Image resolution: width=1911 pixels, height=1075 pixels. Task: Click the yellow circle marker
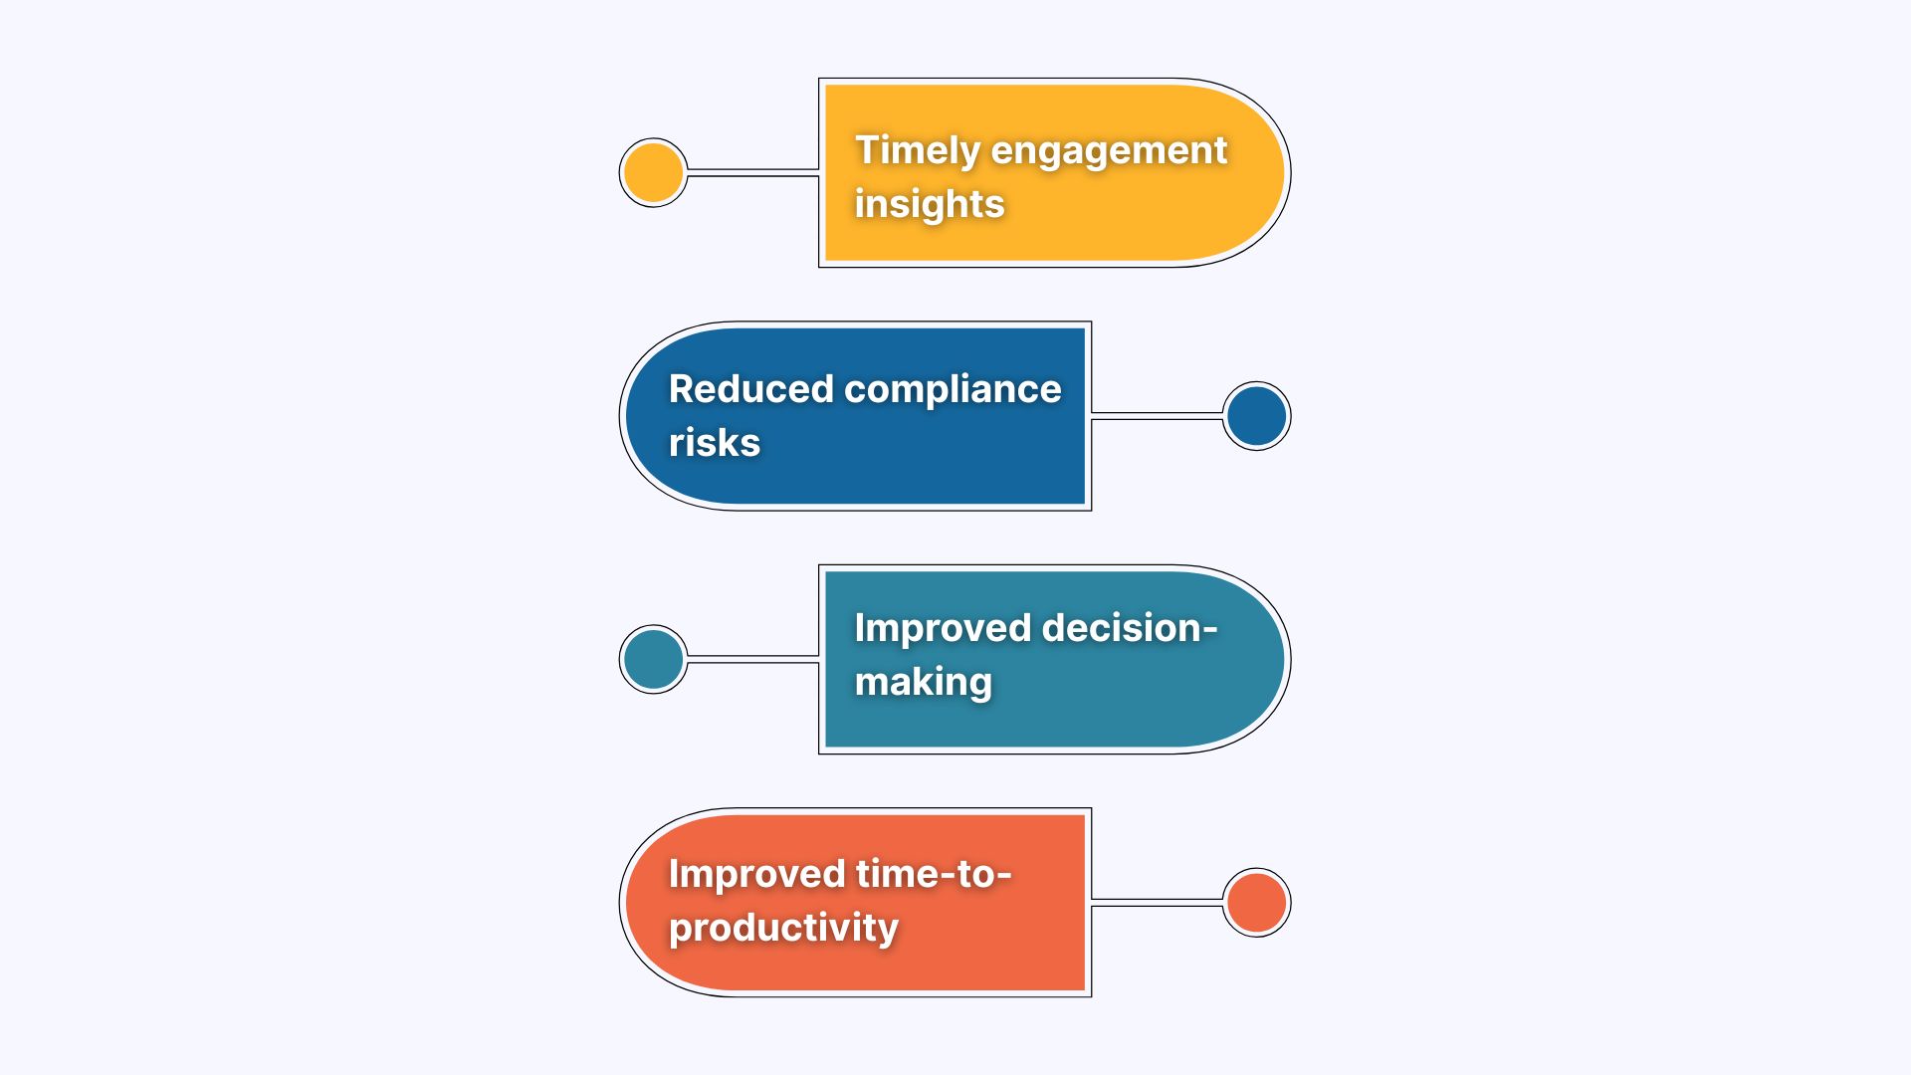click(653, 172)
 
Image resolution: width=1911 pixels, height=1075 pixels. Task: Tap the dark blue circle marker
click(1256, 416)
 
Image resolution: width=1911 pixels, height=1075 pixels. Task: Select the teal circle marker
click(653, 659)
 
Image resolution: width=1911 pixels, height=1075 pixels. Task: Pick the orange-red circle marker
click(1256, 903)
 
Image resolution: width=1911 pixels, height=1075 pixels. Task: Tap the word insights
click(930, 204)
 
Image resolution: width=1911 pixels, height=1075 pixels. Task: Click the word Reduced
click(750, 389)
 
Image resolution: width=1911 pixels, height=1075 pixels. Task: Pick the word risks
click(715, 443)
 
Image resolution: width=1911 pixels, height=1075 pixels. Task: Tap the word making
click(924, 684)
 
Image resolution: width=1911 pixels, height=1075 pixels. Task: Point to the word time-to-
click(934, 874)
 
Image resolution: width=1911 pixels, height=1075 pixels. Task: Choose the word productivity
click(784, 929)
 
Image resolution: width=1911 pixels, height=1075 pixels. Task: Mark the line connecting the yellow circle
click(752, 173)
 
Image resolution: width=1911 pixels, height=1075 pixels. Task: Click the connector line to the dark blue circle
click(1157, 416)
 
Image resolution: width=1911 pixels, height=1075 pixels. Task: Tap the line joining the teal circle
click(752, 659)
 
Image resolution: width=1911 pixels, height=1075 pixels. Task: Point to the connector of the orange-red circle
click(1157, 903)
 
